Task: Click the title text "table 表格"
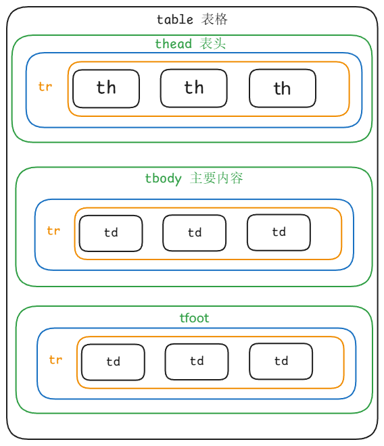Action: [192, 20]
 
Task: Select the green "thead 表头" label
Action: [190, 44]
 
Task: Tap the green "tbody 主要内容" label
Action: [194, 178]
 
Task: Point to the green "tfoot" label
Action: [194, 318]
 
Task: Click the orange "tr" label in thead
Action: [45, 86]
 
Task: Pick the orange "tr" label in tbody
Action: [53, 230]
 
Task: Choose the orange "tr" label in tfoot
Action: [55, 360]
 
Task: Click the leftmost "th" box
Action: [106, 89]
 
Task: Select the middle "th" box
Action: [194, 88]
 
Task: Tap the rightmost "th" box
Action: [283, 88]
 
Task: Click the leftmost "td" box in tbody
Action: [111, 234]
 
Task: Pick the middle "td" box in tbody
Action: [195, 233]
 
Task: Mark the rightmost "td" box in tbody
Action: [279, 232]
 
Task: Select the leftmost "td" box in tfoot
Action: [113, 362]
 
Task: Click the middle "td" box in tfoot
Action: [197, 362]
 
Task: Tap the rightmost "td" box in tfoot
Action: [281, 361]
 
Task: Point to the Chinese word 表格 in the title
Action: [214, 20]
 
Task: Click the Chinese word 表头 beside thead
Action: [213, 43]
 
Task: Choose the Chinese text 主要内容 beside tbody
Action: [216, 178]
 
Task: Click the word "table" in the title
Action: [175, 20]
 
